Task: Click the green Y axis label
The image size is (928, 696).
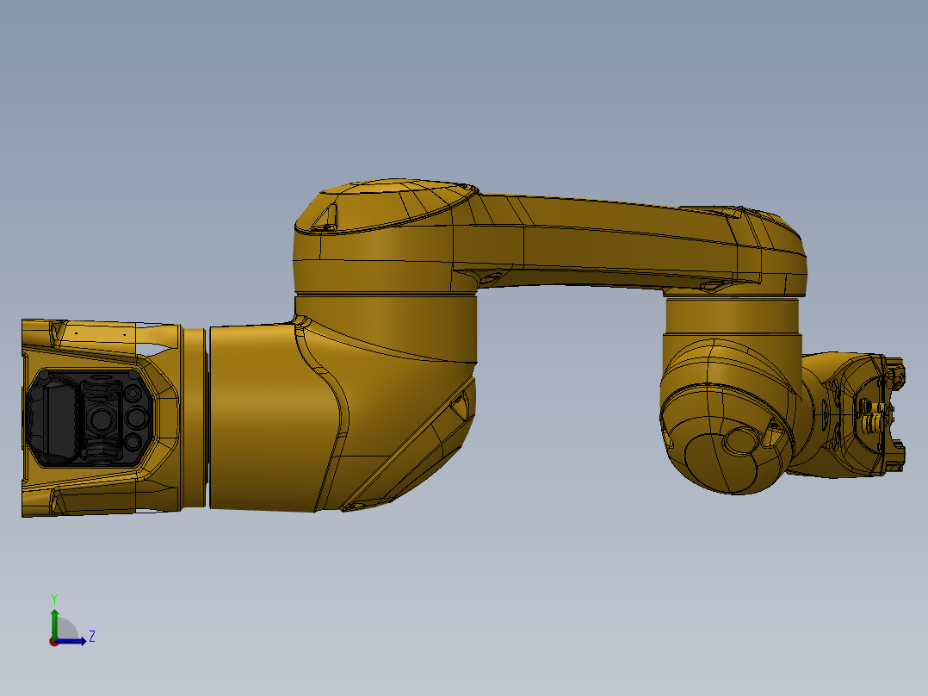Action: (53, 598)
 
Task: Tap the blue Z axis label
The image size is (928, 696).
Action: (91, 637)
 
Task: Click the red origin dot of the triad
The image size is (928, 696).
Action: (53, 642)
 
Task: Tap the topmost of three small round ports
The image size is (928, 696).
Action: (134, 394)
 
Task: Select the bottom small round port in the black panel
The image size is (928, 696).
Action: (134, 442)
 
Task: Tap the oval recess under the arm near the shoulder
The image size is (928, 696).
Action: (488, 277)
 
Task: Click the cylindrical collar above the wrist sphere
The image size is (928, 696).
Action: (732, 317)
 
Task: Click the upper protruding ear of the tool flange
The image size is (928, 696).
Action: (898, 373)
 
